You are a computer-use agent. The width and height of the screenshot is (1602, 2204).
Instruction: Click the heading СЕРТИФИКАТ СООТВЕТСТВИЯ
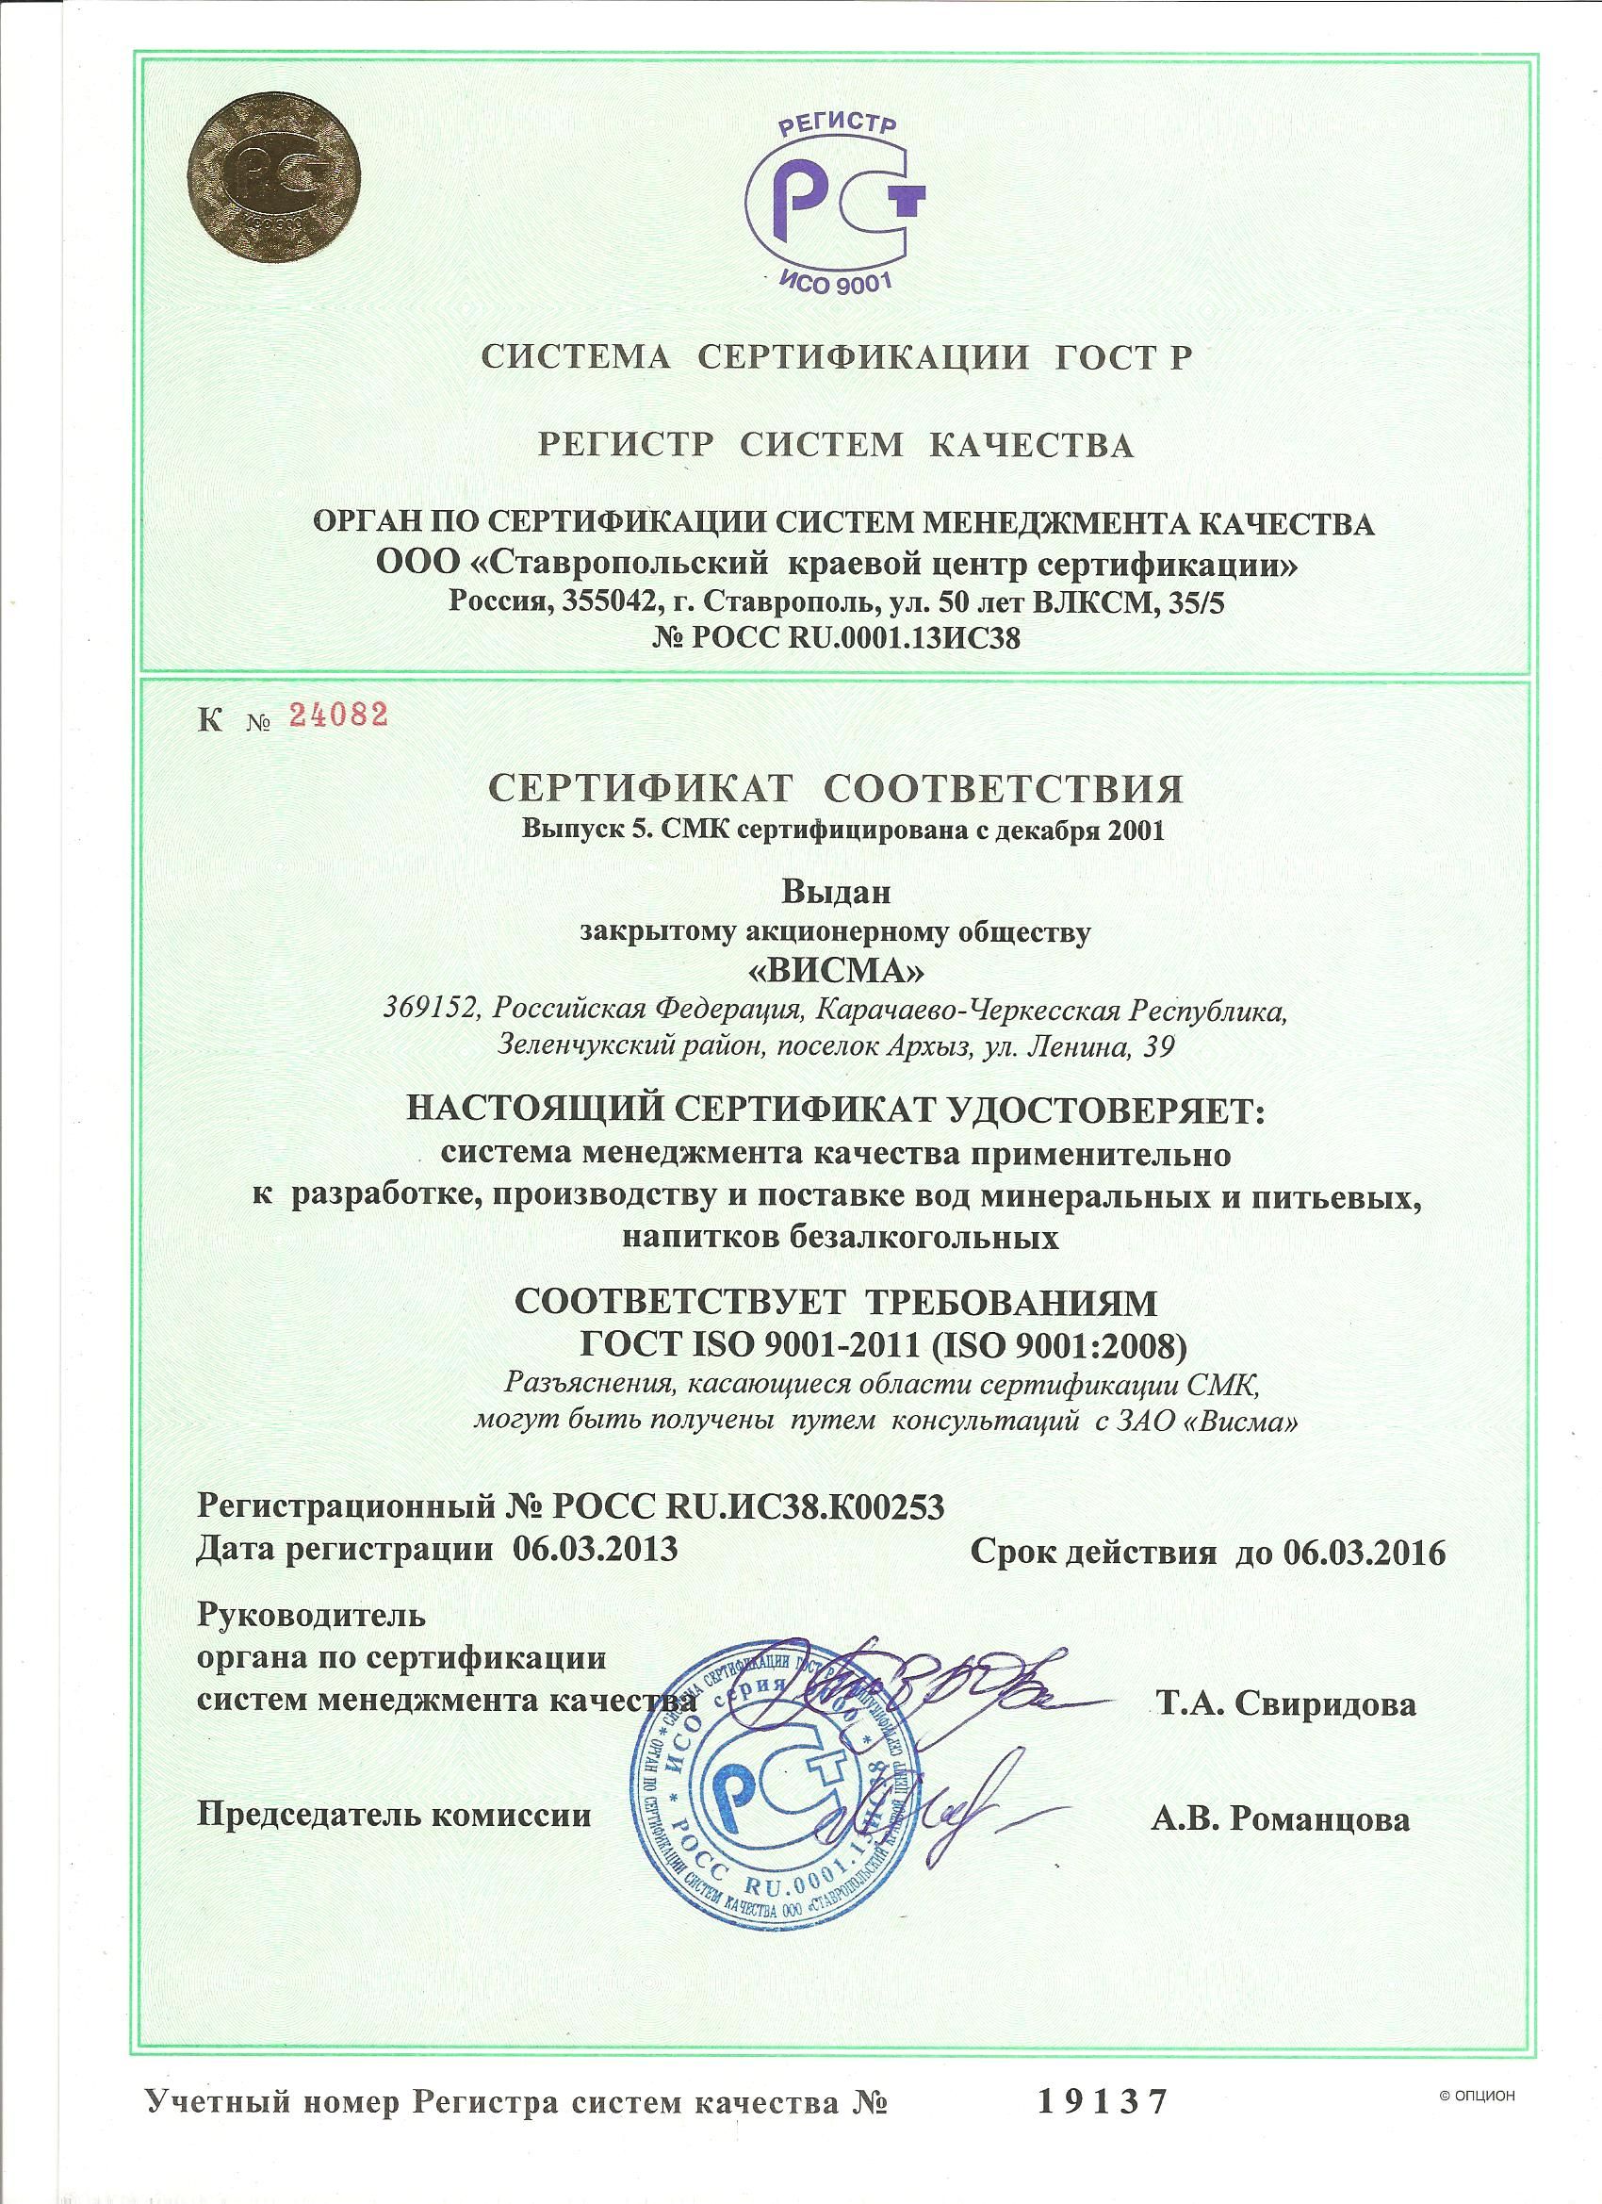pyautogui.click(x=837, y=790)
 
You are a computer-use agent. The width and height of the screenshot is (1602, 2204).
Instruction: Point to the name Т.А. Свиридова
pyautogui.click(x=1284, y=1702)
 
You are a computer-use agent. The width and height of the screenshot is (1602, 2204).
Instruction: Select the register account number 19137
pyautogui.click(x=1100, y=2125)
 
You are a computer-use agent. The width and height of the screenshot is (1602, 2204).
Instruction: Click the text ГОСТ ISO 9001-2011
pyautogui.click(x=741, y=1346)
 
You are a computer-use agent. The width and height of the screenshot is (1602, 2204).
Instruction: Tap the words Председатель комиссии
pyautogui.click(x=395, y=1816)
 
